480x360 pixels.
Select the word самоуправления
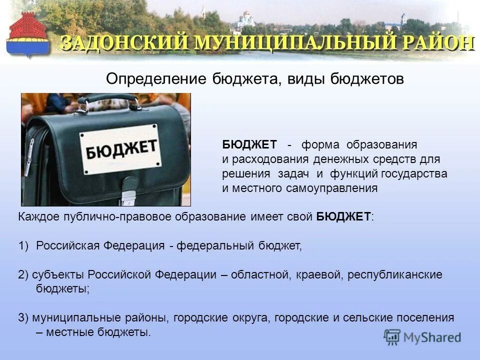click(x=332, y=188)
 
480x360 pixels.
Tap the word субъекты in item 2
click(x=57, y=274)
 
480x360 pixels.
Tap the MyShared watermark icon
click(x=392, y=336)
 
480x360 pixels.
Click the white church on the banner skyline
click(x=245, y=20)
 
